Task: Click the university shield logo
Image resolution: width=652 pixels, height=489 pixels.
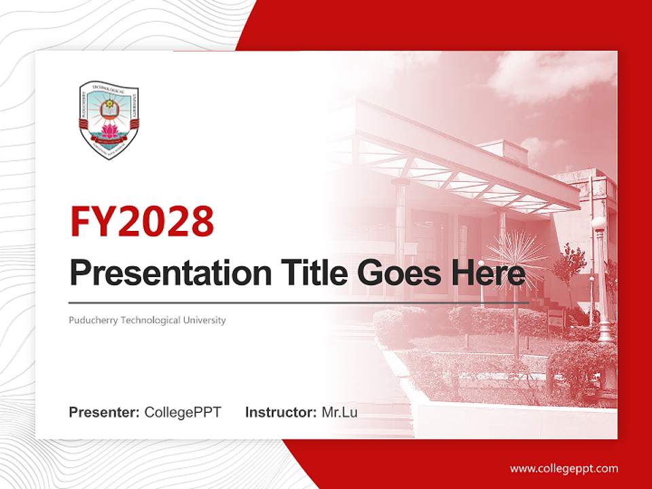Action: [x=109, y=120]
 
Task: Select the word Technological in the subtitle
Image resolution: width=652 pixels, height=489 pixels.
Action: [x=151, y=320]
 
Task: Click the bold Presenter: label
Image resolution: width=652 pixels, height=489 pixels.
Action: [x=105, y=412]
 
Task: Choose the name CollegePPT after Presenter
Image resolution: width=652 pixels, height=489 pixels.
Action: [x=183, y=412]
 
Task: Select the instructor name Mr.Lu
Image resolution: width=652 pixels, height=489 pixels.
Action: [x=340, y=412]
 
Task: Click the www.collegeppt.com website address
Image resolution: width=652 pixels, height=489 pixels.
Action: [x=564, y=469]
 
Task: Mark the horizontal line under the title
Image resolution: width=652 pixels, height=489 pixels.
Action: [x=299, y=302]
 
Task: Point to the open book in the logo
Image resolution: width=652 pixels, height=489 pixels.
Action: [x=109, y=107]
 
